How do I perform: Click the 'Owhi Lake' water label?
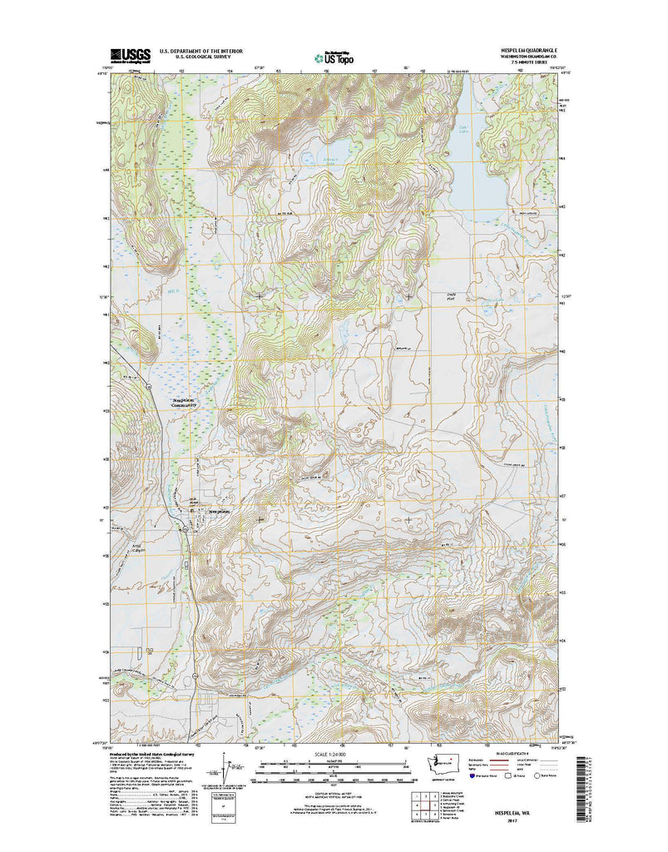[x=464, y=128]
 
